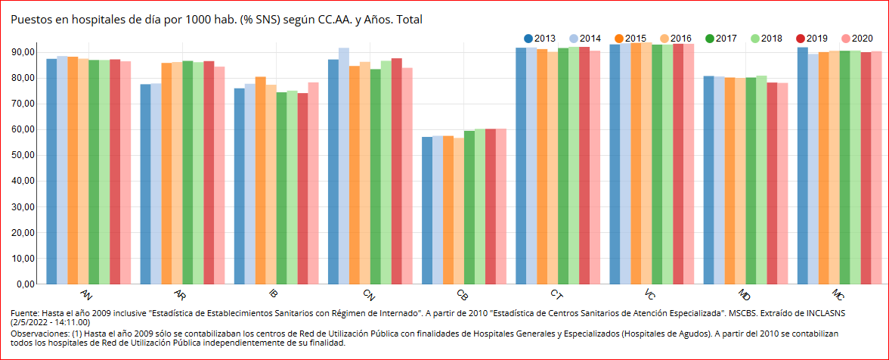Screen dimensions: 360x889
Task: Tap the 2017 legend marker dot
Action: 710,39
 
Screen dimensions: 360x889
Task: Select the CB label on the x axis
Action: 463,293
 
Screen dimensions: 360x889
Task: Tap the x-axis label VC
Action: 650,293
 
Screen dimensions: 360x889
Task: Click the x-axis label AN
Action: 87,293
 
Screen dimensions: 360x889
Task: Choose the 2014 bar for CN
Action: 344,166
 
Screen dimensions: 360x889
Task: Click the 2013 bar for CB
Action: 427,210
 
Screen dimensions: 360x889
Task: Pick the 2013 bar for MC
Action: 803,166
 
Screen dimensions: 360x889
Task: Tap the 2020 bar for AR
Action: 219,175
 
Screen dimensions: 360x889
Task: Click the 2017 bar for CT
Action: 563,166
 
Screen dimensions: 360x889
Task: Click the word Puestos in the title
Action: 29,19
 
